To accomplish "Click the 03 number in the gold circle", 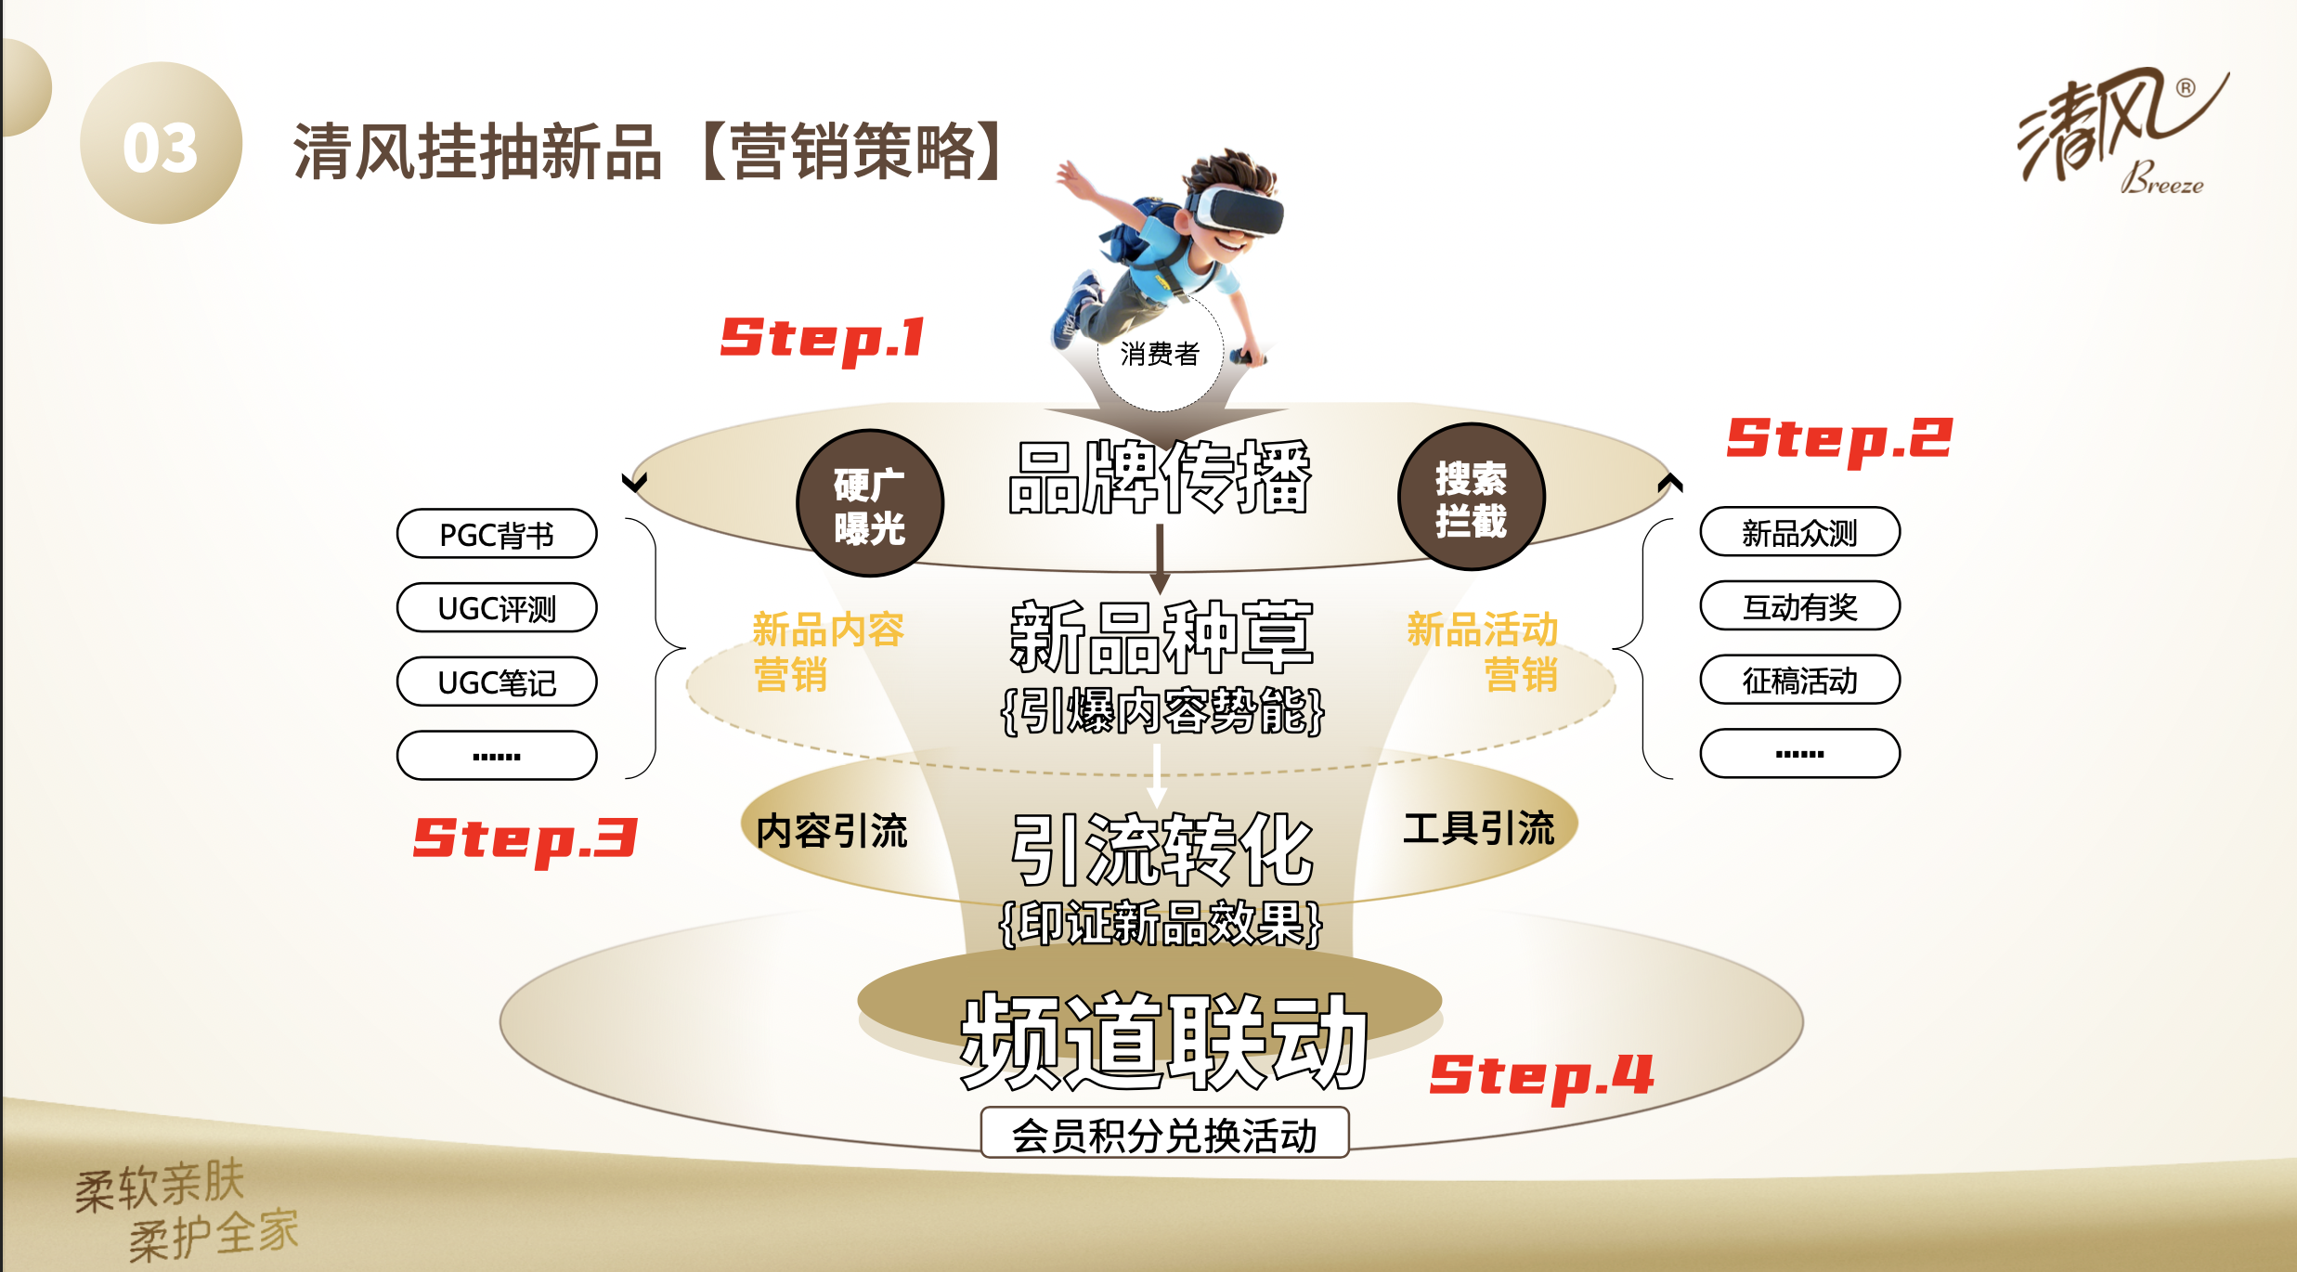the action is (161, 148).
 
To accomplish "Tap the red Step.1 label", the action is (823, 339).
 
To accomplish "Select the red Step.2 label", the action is (1839, 440).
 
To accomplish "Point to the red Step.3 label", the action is (526, 840).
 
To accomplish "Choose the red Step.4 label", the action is (1542, 1077).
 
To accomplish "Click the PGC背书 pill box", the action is (497, 534).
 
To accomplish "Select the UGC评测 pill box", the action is (497, 608).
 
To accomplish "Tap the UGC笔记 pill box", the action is (497, 682).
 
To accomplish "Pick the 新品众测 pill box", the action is (1799, 532).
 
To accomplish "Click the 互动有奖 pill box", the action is (1799, 606).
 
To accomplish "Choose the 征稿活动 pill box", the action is (1799, 681).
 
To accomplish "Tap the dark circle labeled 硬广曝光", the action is (870, 503).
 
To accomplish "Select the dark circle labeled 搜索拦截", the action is (1472, 497).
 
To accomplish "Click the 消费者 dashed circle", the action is (1161, 352).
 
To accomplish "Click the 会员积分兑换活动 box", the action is (1164, 1133).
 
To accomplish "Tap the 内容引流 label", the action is (832, 831).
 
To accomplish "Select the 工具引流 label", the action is (1479, 828).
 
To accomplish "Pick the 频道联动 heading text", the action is (1164, 1042).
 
